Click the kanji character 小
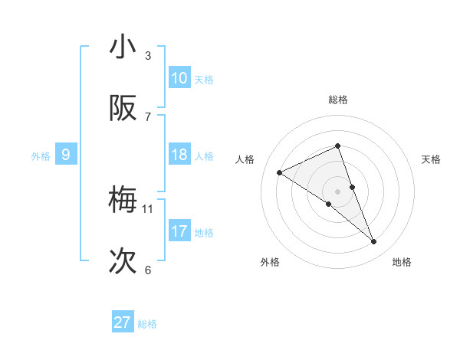[123, 47]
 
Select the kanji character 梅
[123, 201]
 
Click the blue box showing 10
[179, 77]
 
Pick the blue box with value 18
[179, 155]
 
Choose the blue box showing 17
[179, 231]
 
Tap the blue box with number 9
[66, 155]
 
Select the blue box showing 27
[123, 322]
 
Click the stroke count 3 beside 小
[148, 55]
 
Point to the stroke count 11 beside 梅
[148, 208]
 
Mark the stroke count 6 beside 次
[148, 270]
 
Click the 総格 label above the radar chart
[337, 100]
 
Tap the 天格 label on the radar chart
[432, 159]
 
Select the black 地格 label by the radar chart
[402, 262]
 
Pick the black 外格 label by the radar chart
[270, 262]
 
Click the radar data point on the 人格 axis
[280, 172]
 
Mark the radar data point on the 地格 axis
[374, 242]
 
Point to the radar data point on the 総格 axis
[337, 146]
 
